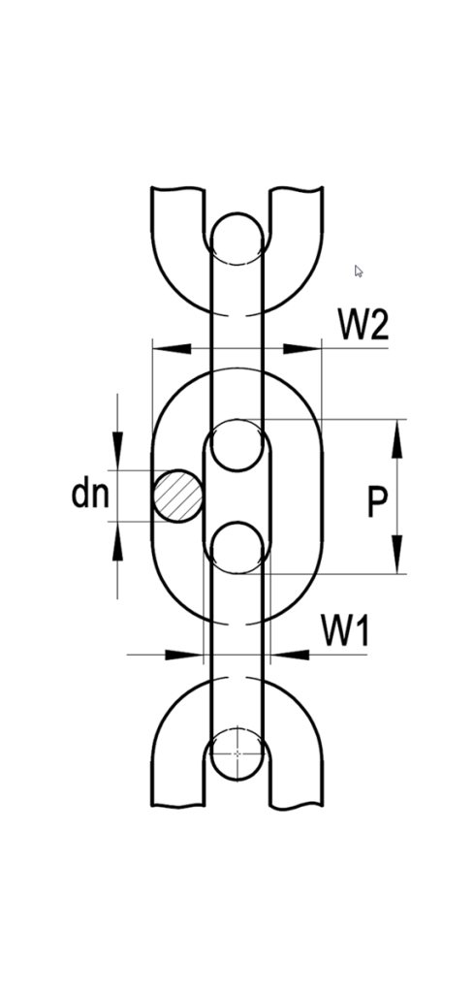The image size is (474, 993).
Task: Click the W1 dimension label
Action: (345, 630)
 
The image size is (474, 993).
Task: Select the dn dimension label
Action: (90, 494)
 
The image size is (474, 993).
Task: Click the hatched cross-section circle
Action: (178, 496)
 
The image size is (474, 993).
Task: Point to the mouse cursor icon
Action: (359, 272)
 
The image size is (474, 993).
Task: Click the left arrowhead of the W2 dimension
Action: (172, 348)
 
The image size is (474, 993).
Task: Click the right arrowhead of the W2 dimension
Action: (302, 348)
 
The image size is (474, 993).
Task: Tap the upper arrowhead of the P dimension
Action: (396, 438)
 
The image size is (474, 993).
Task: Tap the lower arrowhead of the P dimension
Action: (396, 554)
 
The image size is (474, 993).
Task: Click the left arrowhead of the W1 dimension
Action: (183, 655)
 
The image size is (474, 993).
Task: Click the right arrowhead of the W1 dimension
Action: (290, 655)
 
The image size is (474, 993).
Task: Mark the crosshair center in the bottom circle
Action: (237, 753)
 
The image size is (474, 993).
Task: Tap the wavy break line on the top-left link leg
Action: (177, 188)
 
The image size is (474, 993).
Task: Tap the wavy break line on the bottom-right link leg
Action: (297, 807)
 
